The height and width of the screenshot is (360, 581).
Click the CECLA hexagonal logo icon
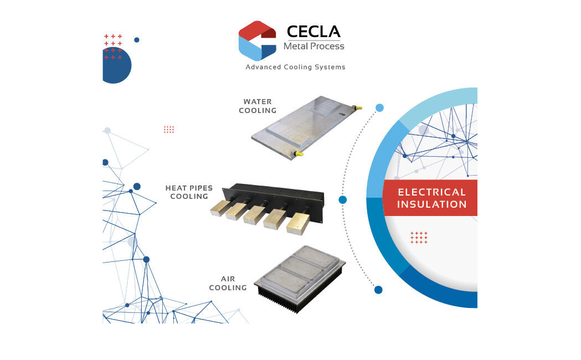click(258, 41)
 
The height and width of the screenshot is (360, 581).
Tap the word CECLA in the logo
click(313, 32)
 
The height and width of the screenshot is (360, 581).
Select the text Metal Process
click(314, 47)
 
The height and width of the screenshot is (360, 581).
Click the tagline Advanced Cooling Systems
click(295, 67)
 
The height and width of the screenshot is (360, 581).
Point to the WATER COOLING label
click(258, 106)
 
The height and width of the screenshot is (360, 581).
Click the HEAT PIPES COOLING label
click(189, 192)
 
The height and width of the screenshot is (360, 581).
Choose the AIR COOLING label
click(228, 284)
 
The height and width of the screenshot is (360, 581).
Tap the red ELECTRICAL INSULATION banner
click(430, 198)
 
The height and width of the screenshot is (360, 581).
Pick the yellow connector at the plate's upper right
click(357, 108)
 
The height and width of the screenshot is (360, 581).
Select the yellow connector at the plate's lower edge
click(298, 153)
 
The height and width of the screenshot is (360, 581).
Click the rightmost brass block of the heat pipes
click(299, 223)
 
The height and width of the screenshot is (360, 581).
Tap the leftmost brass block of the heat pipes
click(219, 209)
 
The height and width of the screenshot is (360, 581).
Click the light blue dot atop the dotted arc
click(379, 108)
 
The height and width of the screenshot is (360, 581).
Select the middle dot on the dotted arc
click(343, 200)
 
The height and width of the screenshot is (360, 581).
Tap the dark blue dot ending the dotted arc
click(378, 290)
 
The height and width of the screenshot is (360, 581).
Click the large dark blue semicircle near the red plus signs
click(116, 65)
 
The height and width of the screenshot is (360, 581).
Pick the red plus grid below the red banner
click(419, 238)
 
